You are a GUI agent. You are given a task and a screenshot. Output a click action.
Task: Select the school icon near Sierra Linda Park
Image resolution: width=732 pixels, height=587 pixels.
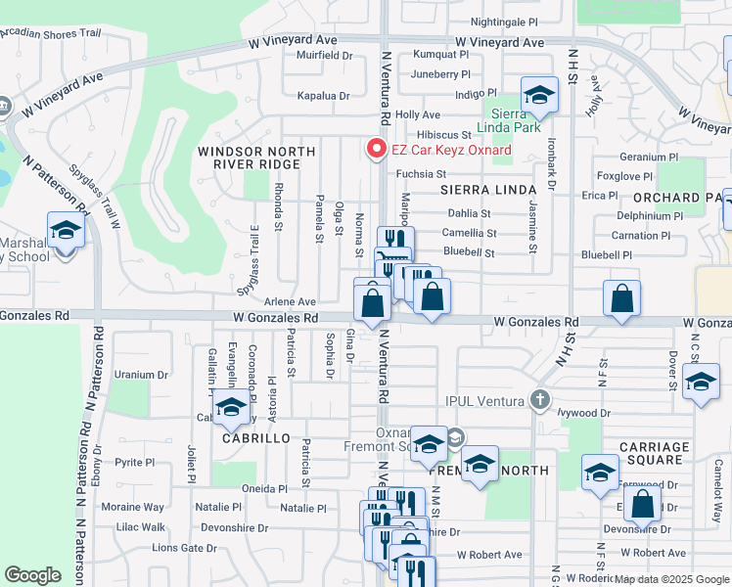click(x=538, y=95)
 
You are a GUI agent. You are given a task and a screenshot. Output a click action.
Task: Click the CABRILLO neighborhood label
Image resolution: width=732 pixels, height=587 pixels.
click(x=256, y=438)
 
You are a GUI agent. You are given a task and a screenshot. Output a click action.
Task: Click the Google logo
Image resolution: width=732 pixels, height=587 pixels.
click(x=32, y=575)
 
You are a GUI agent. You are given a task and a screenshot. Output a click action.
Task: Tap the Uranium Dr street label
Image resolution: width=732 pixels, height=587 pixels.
click(x=141, y=375)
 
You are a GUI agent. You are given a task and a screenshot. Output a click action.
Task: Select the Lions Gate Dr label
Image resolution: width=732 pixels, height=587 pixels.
click(x=184, y=548)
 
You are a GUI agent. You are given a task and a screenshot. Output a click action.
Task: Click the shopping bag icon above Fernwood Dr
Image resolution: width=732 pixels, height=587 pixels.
click(x=642, y=505)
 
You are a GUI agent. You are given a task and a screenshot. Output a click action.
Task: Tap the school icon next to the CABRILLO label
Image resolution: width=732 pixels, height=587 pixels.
click(x=231, y=408)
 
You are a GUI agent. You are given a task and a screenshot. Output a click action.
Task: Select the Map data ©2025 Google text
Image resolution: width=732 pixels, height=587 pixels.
click(x=671, y=579)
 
